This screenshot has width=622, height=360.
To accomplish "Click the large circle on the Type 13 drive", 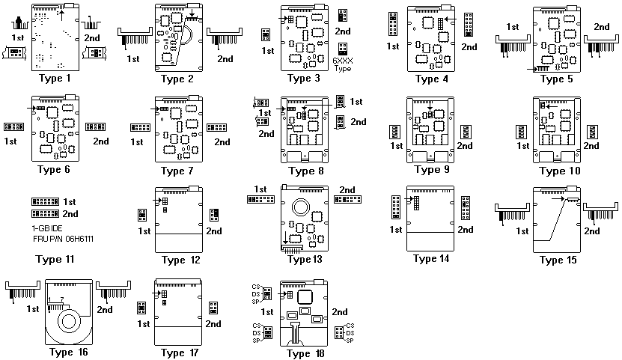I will [303, 207].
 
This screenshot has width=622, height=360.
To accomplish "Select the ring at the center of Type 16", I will [69, 323].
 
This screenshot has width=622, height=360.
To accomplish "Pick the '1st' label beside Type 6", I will [11, 141].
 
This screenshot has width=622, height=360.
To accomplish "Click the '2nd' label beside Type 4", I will [469, 47].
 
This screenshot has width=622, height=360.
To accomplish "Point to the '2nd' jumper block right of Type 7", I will [217, 128].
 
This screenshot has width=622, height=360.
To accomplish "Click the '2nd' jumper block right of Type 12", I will [213, 216].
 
